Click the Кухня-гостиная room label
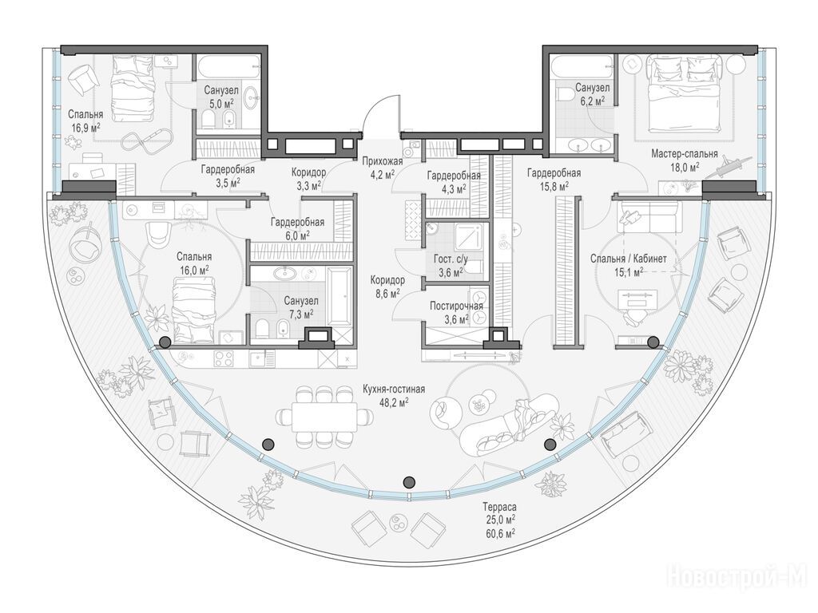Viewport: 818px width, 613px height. point(394,390)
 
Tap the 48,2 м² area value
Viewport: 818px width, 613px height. point(395,402)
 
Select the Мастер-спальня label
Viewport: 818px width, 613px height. point(685,154)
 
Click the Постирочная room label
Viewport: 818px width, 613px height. point(456,306)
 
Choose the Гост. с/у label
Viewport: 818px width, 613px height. point(451,259)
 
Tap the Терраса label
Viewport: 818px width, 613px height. point(499,507)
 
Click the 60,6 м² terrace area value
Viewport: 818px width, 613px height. point(499,532)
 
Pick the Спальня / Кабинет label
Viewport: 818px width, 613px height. point(629,259)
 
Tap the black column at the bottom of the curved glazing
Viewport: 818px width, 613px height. point(410,481)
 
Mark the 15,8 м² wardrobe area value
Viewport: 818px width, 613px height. point(554,185)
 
